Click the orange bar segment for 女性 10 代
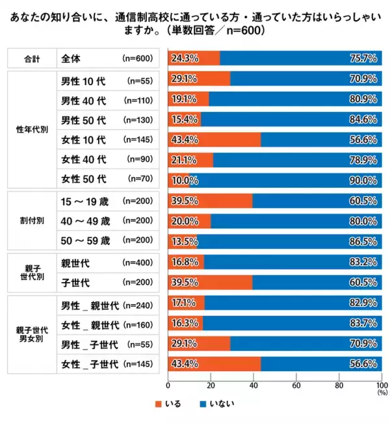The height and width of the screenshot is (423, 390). [x=214, y=139]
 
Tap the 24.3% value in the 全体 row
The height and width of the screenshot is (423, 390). [x=185, y=58]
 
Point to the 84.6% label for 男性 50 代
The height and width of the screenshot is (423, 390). [x=365, y=119]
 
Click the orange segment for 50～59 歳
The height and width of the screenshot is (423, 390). [x=183, y=241]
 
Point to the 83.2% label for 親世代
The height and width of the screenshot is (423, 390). [x=365, y=262]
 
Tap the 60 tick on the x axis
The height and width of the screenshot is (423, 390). [x=296, y=385]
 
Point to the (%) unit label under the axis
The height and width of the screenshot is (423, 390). [x=381, y=392]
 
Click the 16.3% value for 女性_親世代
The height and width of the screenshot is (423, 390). [x=185, y=324]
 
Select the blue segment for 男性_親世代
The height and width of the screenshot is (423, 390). [x=292, y=303]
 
